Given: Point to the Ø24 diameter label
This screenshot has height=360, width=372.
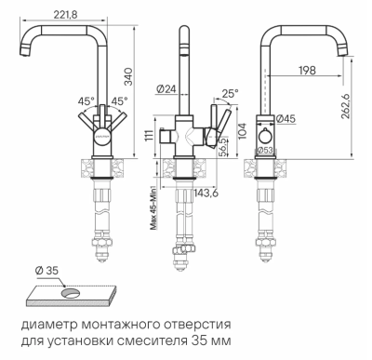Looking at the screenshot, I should (167, 90).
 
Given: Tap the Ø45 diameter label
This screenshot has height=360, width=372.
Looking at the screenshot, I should (286, 119).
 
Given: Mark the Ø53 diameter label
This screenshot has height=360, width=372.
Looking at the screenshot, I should (266, 150).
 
